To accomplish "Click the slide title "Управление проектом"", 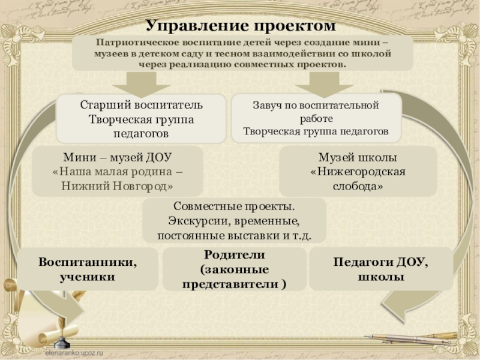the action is pos(241,26).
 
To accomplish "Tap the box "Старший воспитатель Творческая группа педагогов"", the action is pos(142,118).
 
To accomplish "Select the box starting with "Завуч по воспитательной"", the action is pos(316,118).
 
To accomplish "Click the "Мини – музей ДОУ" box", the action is pos(118,172).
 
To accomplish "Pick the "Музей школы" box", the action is pos(358,172).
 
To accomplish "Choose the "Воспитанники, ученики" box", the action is pos(88,270).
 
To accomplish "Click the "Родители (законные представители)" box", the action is pos(233,270).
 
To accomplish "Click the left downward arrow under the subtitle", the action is pos(143,82).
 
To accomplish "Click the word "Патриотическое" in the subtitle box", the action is pos(128,43).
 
